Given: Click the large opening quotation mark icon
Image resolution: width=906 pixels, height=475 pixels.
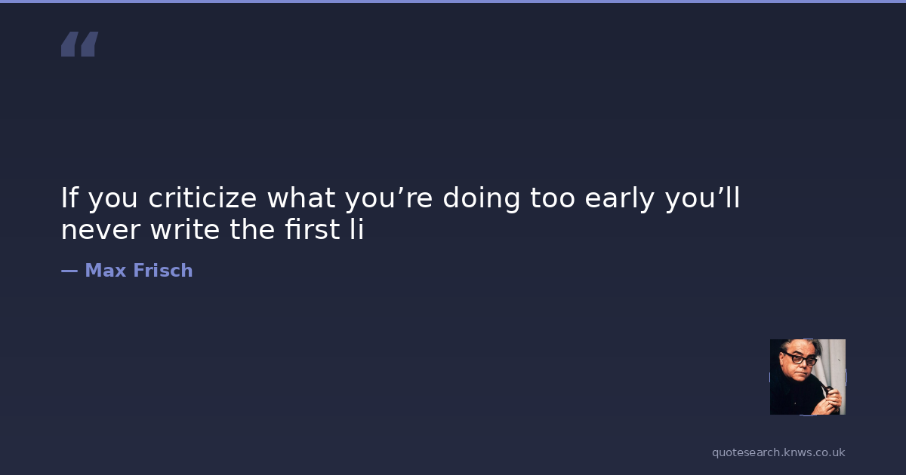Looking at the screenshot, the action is coord(80,44).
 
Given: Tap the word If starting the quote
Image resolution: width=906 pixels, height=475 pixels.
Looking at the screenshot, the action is coord(69,198).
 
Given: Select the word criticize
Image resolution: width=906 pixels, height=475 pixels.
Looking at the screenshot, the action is coord(202,198).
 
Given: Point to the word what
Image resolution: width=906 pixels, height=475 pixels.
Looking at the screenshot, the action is coord(301,198).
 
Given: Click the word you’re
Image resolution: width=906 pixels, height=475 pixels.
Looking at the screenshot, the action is coord(389,199).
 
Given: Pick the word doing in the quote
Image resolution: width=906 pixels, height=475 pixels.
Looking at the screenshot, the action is coord(482,199).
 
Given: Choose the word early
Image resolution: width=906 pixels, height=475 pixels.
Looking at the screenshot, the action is coord(620,199).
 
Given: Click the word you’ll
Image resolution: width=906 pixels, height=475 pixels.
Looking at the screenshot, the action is coord(703,199).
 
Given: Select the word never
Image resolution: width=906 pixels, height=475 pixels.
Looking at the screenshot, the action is coord(100,230).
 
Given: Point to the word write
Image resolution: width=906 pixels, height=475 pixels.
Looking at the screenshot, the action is coord(185,229).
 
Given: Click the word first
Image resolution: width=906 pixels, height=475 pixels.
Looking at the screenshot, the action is coord(313,229).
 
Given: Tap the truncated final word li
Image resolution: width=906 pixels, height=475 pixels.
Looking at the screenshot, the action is coord(357,229).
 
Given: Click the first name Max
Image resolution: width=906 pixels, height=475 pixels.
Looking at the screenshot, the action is coord(106,270).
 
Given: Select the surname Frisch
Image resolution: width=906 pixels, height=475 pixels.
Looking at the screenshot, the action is coord(163,270).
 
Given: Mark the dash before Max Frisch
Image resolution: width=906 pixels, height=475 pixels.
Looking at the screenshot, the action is coord(69,271).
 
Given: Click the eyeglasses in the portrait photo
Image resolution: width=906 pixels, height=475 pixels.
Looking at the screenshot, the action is coord(800,358).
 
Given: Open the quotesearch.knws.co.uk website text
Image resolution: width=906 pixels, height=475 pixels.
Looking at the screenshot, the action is coord(778,452).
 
